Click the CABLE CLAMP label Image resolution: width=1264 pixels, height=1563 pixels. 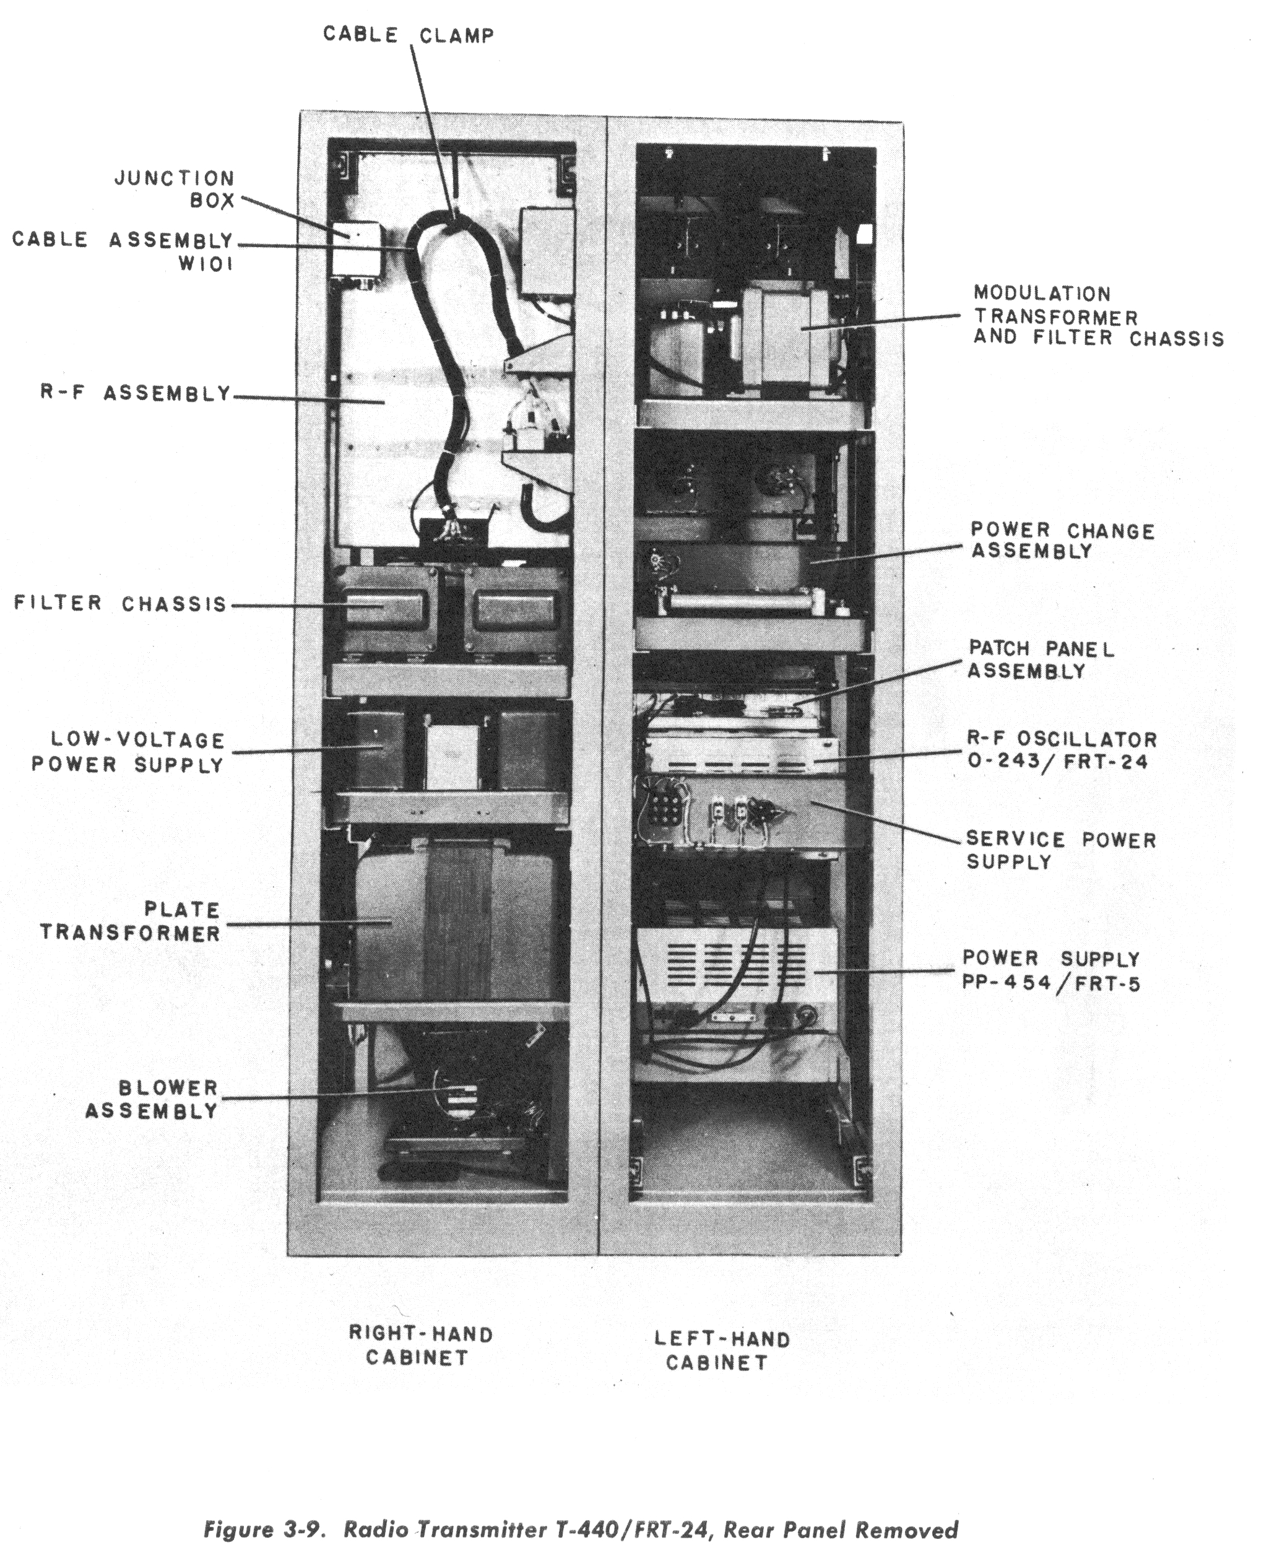[x=409, y=35]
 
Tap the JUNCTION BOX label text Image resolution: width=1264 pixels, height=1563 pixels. [x=175, y=189]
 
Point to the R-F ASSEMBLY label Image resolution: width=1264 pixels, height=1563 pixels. [x=136, y=393]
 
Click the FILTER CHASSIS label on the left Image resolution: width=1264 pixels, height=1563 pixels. [x=121, y=604]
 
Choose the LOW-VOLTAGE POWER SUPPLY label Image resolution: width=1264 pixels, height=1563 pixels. [x=128, y=752]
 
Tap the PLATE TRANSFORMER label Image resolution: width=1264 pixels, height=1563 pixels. [x=131, y=921]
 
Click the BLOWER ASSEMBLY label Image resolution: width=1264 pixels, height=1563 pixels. [x=152, y=1099]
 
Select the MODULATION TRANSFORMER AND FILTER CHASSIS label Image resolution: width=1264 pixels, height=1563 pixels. [x=1098, y=315]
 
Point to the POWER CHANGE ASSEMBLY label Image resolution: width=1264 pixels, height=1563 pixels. [x=1062, y=541]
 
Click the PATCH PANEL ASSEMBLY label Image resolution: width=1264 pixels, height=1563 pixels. [x=1041, y=659]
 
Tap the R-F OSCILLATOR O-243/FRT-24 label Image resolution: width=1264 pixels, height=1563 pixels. [x=1061, y=750]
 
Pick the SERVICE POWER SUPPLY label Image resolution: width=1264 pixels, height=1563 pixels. [x=1060, y=850]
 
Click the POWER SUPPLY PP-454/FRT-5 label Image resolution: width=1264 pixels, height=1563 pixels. [x=1050, y=971]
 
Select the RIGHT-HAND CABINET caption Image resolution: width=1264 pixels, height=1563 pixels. [x=420, y=1345]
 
